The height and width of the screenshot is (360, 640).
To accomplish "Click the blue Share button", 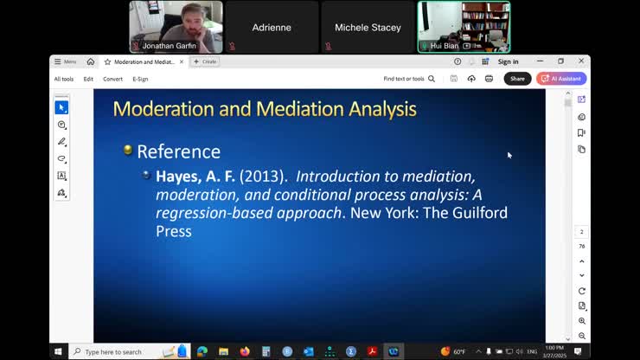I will click(x=517, y=79).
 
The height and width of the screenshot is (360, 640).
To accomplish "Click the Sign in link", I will click(x=509, y=61).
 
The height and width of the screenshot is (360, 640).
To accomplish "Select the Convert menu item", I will click(x=112, y=79).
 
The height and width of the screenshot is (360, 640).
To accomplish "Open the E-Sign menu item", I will click(x=140, y=79).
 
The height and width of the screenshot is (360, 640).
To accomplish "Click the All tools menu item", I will click(x=63, y=79).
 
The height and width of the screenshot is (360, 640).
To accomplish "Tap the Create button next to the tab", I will click(x=206, y=61).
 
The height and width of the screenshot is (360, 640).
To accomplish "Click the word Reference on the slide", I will click(x=178, y=151).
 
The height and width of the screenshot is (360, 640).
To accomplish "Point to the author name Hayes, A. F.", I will click(x=195, y=176).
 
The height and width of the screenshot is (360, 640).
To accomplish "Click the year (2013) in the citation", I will click(x=263, y=176).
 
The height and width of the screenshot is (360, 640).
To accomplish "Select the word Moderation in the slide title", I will click(x=167, y=109).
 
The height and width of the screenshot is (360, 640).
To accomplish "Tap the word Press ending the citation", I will click(x=173, y=231).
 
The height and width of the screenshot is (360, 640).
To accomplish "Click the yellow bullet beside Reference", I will click(x=128, y=151).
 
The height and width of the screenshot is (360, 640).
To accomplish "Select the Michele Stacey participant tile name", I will click(x=368, y=28).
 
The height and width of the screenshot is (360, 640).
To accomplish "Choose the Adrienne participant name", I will click(x=272, y=28).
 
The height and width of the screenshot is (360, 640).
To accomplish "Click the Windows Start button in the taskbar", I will click(x=59, y=351).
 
